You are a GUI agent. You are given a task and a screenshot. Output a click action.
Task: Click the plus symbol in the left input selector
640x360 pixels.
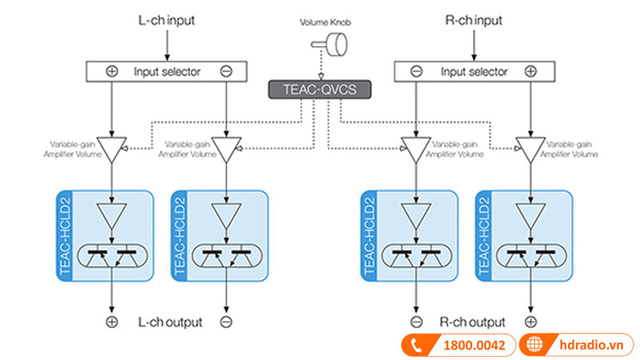[x=112, y=71]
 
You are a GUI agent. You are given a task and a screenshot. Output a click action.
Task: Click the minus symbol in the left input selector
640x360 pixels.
[x=226, y=71]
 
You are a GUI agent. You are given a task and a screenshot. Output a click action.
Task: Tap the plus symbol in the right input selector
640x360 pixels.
[x=530, y=71]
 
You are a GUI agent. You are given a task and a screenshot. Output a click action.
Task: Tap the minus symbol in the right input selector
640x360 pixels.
[x=416, y=71]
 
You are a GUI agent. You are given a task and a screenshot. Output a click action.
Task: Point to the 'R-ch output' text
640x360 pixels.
[x=473, y=322]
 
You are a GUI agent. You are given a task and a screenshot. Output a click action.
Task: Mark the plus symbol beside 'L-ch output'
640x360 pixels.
[x=112, y=322]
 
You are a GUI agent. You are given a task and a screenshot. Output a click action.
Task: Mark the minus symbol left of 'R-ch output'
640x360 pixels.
[x=416, y=322]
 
